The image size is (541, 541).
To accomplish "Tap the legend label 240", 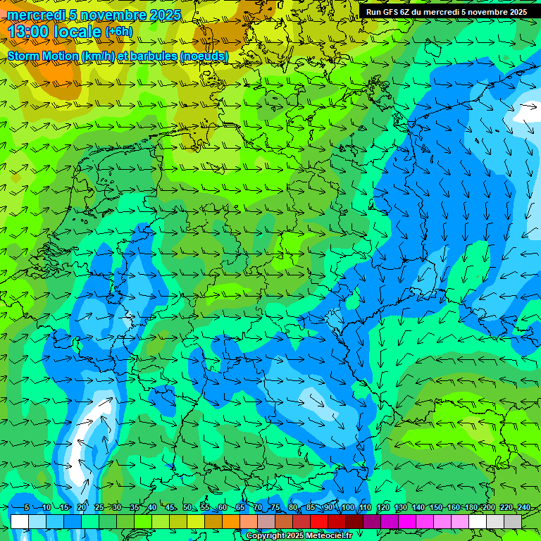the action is click(524, 507).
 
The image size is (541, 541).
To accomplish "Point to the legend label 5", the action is click(26, 507).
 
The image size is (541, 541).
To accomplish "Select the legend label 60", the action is click(222, 507).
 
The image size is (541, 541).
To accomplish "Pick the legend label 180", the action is click(471, 507).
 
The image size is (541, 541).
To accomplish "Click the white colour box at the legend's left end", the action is click(20, 521).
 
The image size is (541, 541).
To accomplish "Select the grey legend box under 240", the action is click(513, 521).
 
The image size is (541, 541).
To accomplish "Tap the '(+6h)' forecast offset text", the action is click(118, 32).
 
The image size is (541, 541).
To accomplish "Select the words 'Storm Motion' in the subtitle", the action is click(42, 56).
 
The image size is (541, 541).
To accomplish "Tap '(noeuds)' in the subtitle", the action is click(204, 56).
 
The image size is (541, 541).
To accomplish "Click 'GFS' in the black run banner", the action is click(391, 11).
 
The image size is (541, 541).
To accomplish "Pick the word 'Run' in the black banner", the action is click(374, 11).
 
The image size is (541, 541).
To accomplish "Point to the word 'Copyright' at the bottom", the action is click(265, 536).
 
